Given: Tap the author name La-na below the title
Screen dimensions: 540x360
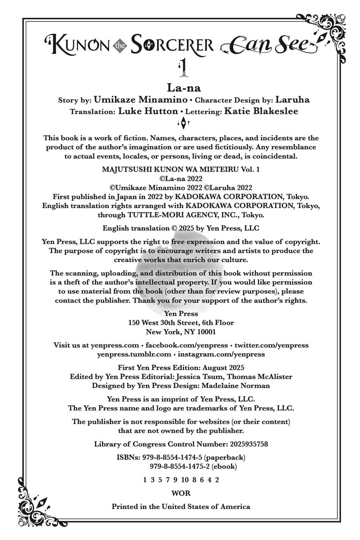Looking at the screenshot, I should click(x=184, y=88).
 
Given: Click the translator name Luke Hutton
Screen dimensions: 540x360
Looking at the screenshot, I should click(x=148, y=111).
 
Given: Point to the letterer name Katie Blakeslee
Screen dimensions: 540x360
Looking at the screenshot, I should click(x=261, y=111).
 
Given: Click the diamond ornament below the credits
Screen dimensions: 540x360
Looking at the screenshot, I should click(x=183, y=123).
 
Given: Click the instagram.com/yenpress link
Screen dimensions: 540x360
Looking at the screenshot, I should click(x=221, y=354).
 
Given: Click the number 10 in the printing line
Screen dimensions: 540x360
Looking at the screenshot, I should click(x=185, y=480).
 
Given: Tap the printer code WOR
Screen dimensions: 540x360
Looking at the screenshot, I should click(x=181, y=493).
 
